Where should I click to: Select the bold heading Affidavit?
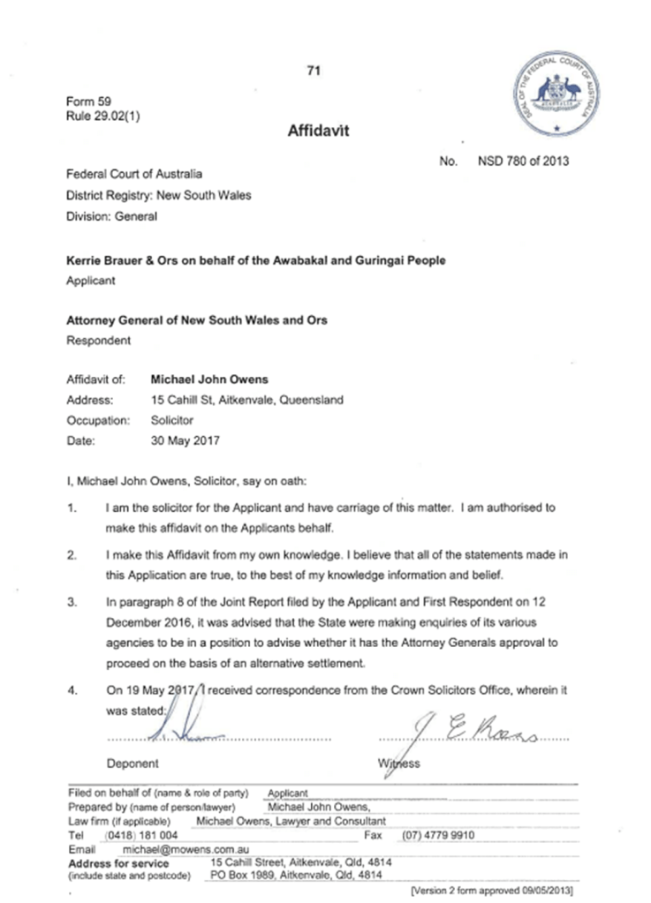point(318,132)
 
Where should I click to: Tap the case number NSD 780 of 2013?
point(523,161)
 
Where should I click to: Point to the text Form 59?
point(85,102)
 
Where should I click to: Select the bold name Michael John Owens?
point(209,380)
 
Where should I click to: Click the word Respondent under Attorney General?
point(99,340)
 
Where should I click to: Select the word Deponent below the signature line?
point(132,764)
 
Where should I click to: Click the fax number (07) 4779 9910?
point(439,834)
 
